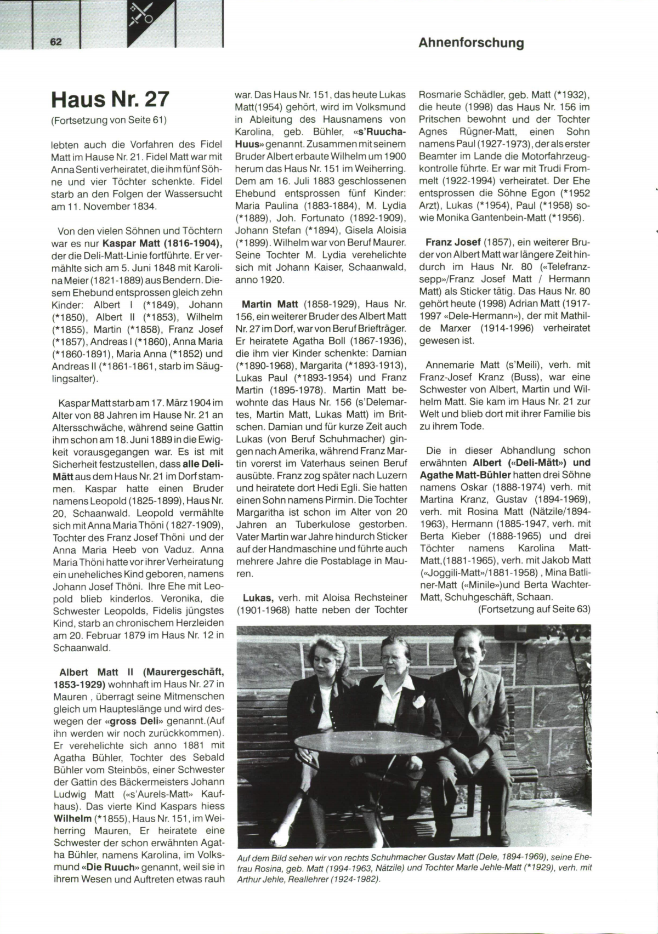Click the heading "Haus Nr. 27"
tap(110, 99)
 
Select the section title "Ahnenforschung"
tap(471, 43)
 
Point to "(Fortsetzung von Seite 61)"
tap(109, 119)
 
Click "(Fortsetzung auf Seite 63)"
tap(534, 609)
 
